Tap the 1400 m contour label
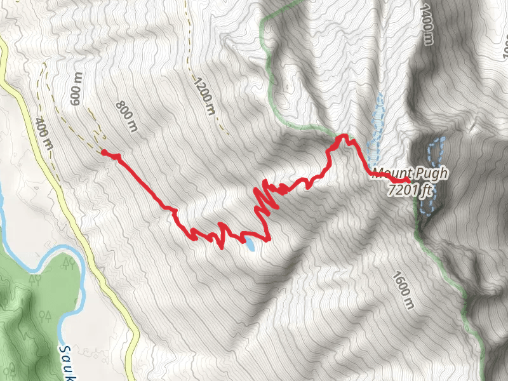[x=426, y=25]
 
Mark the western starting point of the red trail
[x=104, y=152]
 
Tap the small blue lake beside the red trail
[x=252, y=244]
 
